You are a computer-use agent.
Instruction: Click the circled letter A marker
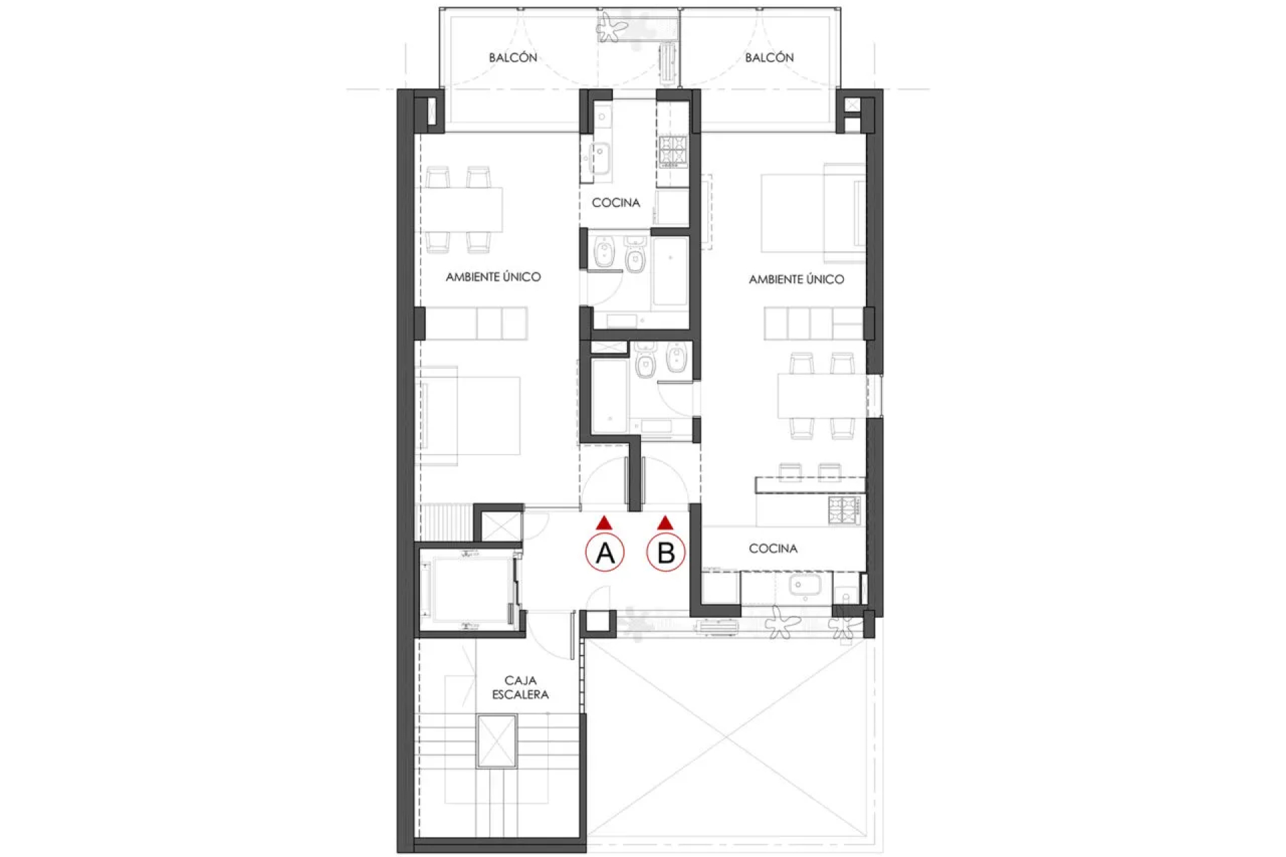605,552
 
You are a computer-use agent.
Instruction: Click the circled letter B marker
666,552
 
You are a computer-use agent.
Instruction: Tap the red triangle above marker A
604,523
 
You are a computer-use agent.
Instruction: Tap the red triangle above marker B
665,523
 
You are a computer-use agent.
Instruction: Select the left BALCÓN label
513,58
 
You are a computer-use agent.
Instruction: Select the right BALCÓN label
770,58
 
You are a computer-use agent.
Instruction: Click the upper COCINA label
616,202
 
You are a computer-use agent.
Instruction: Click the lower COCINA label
773,548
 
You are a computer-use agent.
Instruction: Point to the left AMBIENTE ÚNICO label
493,277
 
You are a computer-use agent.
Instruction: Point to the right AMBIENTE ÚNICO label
796,279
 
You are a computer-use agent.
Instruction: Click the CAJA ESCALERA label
520,688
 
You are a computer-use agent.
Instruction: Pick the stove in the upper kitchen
672,151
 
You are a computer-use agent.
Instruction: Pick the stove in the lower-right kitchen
844,510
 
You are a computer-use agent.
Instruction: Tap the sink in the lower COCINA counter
800,586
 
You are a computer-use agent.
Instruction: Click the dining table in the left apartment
462,210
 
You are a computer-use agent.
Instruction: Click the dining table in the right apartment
822,396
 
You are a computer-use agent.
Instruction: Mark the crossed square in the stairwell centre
497,741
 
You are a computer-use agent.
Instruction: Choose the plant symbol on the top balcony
611,27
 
